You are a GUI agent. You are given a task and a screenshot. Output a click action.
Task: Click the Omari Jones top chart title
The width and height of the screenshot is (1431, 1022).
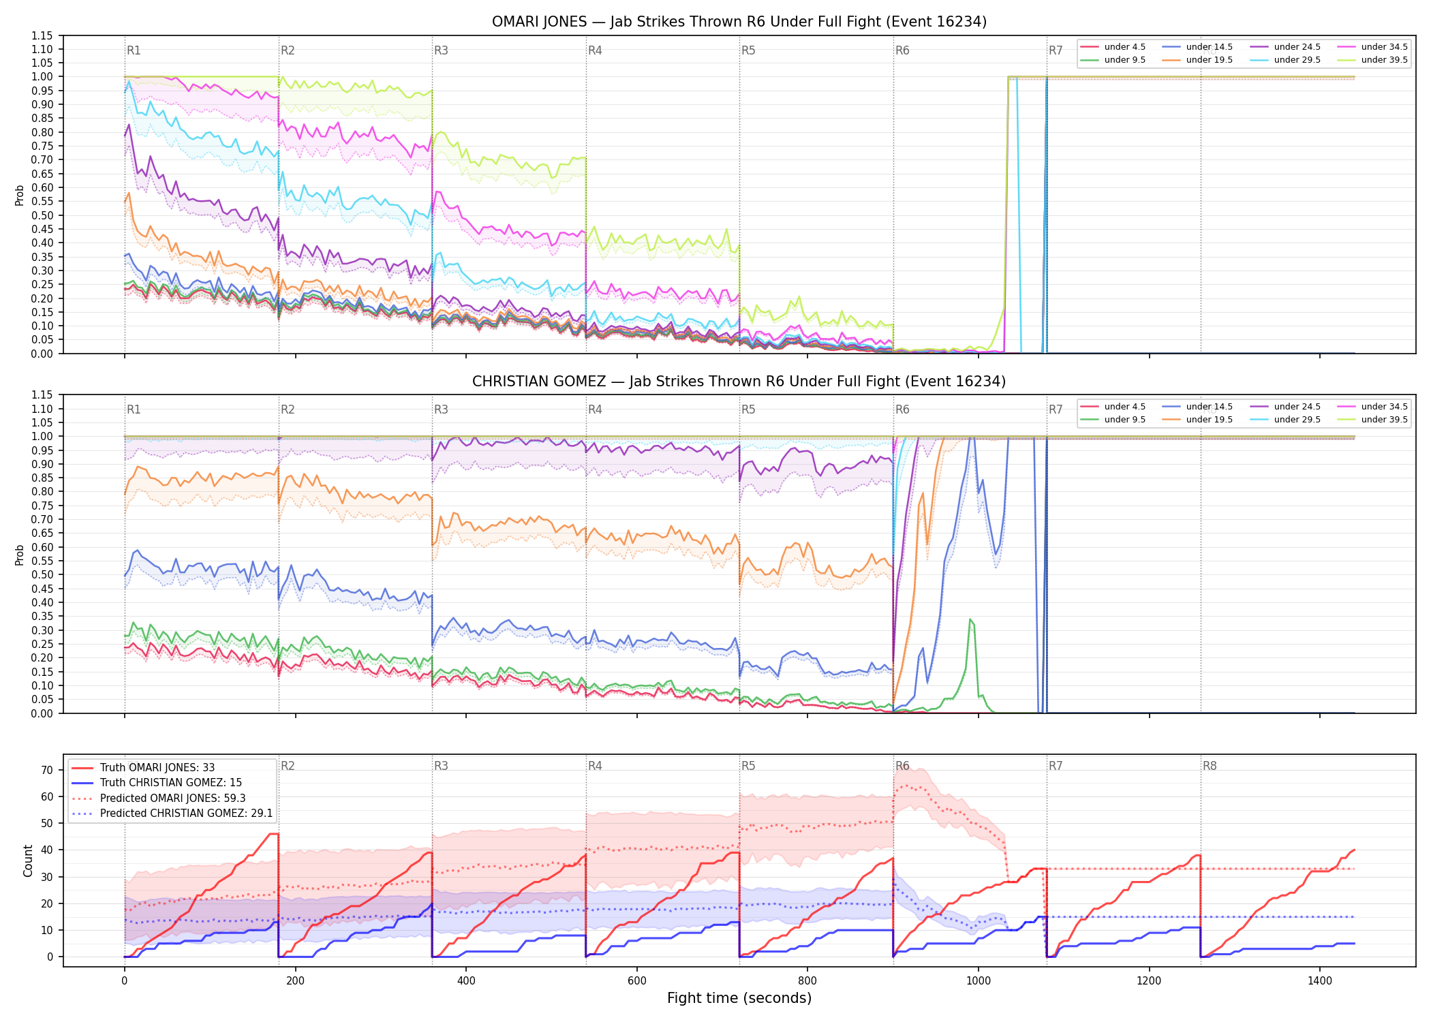click(x=739, y=22)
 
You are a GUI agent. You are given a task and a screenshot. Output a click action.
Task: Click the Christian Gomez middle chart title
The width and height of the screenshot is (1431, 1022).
click(x=739, y=382)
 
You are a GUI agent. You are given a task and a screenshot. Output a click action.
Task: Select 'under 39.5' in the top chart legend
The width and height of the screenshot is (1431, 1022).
click(x=1384, y=60)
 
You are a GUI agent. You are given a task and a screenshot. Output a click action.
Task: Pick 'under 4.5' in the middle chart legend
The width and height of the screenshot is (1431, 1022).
click(x=1125, y=407)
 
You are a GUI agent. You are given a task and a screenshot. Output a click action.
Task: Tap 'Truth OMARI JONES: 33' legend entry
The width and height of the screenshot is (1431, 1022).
click(x=157, y=768)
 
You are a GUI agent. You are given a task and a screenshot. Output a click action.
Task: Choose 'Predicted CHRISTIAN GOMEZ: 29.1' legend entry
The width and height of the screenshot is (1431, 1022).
click(x=186, y=814)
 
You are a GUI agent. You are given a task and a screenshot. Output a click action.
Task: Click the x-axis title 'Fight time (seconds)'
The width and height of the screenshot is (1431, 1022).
click(x=739, y=998)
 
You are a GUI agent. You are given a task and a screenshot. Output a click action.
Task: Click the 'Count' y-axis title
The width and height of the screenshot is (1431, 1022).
click(x=28, y=861)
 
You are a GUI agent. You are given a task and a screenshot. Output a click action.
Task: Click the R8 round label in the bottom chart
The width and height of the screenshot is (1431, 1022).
click(x=1210, y=766)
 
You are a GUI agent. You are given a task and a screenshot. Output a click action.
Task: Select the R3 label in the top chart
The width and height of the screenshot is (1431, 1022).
click(x=441, y=50)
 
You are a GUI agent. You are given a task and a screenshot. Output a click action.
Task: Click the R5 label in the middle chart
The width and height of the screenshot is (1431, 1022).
click(x=748, y=409)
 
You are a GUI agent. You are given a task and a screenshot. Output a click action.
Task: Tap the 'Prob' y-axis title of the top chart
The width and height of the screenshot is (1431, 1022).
click(x=20, y=196)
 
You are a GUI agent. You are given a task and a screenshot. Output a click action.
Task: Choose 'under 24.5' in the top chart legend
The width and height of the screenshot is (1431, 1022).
click(x=1297, y=47)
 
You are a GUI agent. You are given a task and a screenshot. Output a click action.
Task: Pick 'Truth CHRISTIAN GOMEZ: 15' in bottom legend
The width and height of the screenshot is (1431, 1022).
click(x=171, y=783)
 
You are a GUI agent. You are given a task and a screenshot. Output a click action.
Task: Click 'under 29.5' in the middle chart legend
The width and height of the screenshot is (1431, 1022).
click(x=1297, y=420)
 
